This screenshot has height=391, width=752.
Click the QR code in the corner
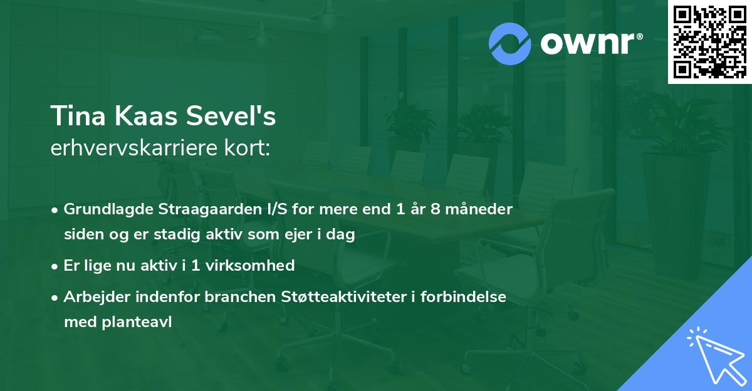[x=710, y=42]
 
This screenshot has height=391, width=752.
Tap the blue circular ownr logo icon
[x=510, y=43]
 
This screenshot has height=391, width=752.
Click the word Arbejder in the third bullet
[x=92, y=296]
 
